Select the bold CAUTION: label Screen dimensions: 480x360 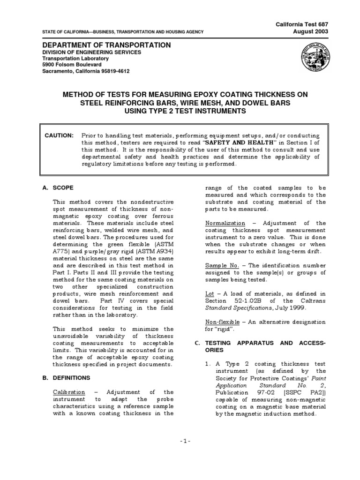[x=59, y=135]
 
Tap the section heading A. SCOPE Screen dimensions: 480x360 [x=58, y=188]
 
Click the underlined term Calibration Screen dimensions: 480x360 [x=69, y=392]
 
